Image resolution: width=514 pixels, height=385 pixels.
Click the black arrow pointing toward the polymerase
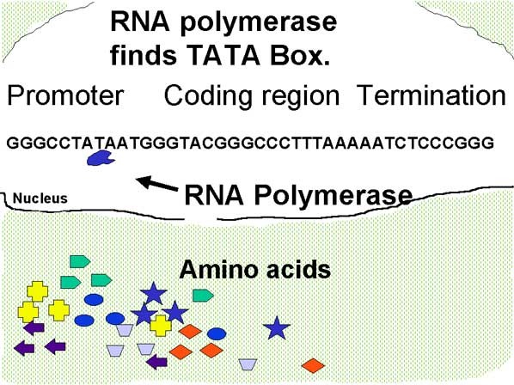155,183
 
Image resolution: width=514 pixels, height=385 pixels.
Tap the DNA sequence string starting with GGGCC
250,142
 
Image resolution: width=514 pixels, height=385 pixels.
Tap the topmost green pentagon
80,260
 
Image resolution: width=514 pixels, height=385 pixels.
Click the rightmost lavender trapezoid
248,364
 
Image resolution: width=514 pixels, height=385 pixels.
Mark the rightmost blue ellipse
217,333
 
